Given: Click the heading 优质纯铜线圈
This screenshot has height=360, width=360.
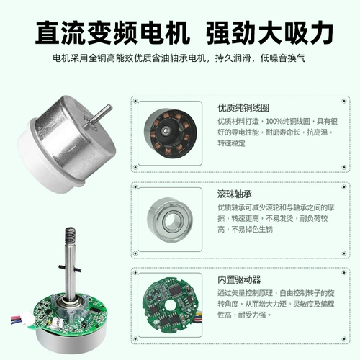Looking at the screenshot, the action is tap(243, 108).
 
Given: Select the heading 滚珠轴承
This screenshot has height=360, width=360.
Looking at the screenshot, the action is tap(235, 194).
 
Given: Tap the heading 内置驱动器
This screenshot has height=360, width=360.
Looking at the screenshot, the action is tap(239, 279).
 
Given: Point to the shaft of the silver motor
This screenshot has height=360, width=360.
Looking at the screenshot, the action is tap(101, 114).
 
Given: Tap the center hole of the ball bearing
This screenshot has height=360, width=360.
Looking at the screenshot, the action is tap(170, 219).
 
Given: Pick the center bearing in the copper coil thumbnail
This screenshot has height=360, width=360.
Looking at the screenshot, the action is tap(166, 131).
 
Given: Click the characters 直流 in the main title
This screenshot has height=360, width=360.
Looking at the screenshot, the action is tap(61, 33).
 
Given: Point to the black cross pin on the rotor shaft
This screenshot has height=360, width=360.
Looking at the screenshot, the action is tap(70, 268).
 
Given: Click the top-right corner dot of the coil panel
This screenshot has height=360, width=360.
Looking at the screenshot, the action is tap(344, 101).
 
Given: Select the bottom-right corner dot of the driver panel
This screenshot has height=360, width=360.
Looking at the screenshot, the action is tap(344, 339).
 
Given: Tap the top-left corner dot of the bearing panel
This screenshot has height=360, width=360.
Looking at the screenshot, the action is tap(135, 187).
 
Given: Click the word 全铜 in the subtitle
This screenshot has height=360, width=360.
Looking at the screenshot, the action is tap(97, 58).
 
